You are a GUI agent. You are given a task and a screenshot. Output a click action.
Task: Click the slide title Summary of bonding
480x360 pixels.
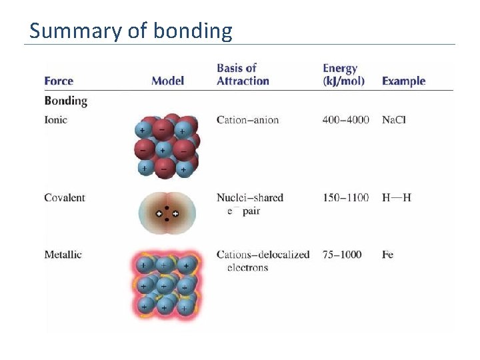click(131, 31)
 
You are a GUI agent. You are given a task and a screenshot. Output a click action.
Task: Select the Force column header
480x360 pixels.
click(59, 81)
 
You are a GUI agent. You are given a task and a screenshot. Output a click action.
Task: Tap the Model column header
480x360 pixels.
click(167, 81)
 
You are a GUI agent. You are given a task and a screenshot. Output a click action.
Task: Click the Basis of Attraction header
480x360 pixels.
click(243, 75)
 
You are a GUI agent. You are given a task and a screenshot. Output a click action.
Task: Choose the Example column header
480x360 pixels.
click(403, 81)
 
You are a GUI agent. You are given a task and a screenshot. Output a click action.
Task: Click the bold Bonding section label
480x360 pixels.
click(65, 101)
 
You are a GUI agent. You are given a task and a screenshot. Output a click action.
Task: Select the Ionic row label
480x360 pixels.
click(55, 120)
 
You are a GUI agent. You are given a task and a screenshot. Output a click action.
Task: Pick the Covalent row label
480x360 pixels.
click(65, 197)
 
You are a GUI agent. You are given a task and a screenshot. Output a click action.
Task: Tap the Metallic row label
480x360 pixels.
click(63, 255)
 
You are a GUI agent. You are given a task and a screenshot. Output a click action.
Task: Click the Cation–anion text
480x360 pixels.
click(247, 120)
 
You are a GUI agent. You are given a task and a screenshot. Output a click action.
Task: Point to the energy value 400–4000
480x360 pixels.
click(345, 120)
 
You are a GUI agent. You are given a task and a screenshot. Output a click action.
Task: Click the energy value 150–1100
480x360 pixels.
click(345, 197)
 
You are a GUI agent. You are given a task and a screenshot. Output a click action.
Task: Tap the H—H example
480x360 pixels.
click(397, 197)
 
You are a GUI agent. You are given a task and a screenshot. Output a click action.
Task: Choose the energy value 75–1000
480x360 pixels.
click(342, 255)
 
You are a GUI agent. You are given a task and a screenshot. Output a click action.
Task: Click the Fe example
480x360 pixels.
click(387, 255)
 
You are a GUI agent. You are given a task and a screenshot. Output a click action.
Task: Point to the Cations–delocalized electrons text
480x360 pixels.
click(263, 261)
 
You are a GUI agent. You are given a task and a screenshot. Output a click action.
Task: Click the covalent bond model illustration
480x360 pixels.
click(167, 213)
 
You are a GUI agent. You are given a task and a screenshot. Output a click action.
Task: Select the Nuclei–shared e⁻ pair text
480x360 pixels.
click(250, 204)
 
